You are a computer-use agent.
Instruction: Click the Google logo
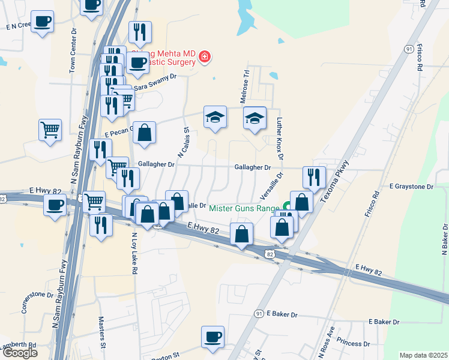pyautogui.click(x=20, y=353)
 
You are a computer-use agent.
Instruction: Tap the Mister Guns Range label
pyautogui.click(x=245, y=208)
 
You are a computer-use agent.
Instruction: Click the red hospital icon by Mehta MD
pyautogui.click(x=205, y=57)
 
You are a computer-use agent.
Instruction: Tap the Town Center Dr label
pyautogui.click(x=73, y=54)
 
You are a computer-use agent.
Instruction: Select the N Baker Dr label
pyautogui.click(x=445, y=240)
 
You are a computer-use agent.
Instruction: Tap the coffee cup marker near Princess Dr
pyautogui.click(x=212, y=337)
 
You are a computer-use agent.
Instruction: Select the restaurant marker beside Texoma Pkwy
pyautogui.click(x=314, y=176)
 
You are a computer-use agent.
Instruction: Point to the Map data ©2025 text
pyautogui.click(x=423, y=355)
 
